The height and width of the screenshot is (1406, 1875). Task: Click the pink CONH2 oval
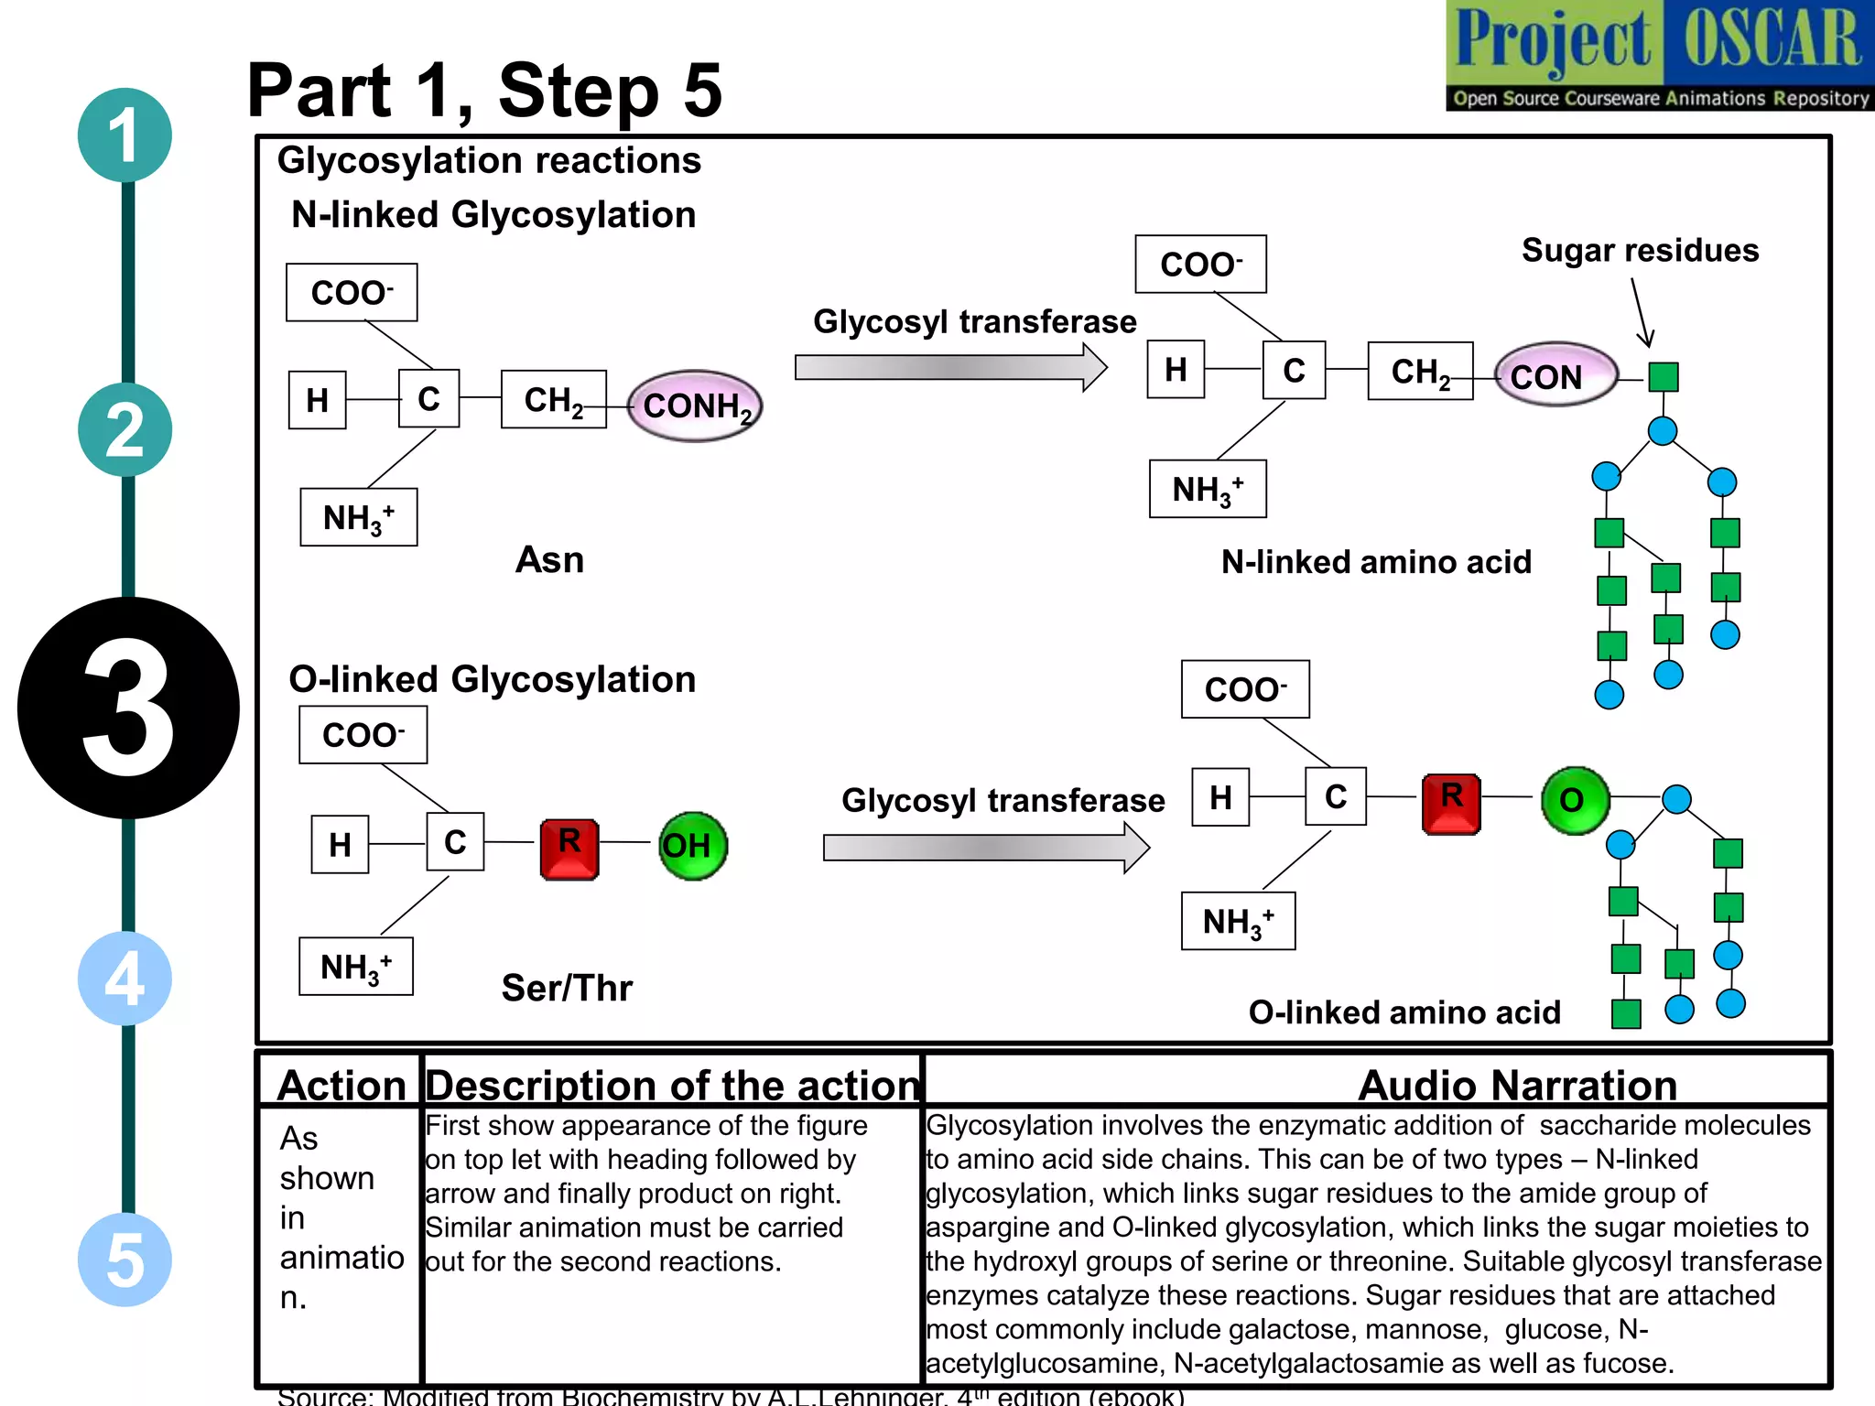click(695, 406)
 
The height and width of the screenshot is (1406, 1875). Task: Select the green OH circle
click(692, 846)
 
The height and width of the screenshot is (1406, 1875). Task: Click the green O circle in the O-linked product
click(1575, 800)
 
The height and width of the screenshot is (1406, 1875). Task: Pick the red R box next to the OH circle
click(569, 849)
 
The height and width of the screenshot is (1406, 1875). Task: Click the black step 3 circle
click(128, 708)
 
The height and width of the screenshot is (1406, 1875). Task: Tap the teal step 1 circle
click(125, 135)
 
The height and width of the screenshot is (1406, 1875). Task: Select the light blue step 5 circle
click(125, 1260)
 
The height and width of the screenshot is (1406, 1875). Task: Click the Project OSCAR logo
click(1659, 55)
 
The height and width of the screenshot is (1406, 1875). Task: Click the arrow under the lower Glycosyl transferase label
click(985, 848)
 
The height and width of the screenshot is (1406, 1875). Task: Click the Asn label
click(549, 559)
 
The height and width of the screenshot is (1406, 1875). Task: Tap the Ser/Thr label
click(567, 988)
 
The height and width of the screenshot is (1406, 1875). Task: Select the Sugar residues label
click(1640, 250)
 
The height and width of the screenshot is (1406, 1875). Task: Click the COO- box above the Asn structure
click(352, 293)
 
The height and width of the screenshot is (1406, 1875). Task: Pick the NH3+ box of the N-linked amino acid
click(1208, 490)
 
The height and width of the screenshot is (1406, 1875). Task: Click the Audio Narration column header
click(1517, 1085)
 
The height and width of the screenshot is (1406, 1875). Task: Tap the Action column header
click(341, 1085)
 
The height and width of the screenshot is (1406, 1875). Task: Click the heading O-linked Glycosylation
click(493, 679)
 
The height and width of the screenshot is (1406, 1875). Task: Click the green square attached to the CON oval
click(1663, 376)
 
